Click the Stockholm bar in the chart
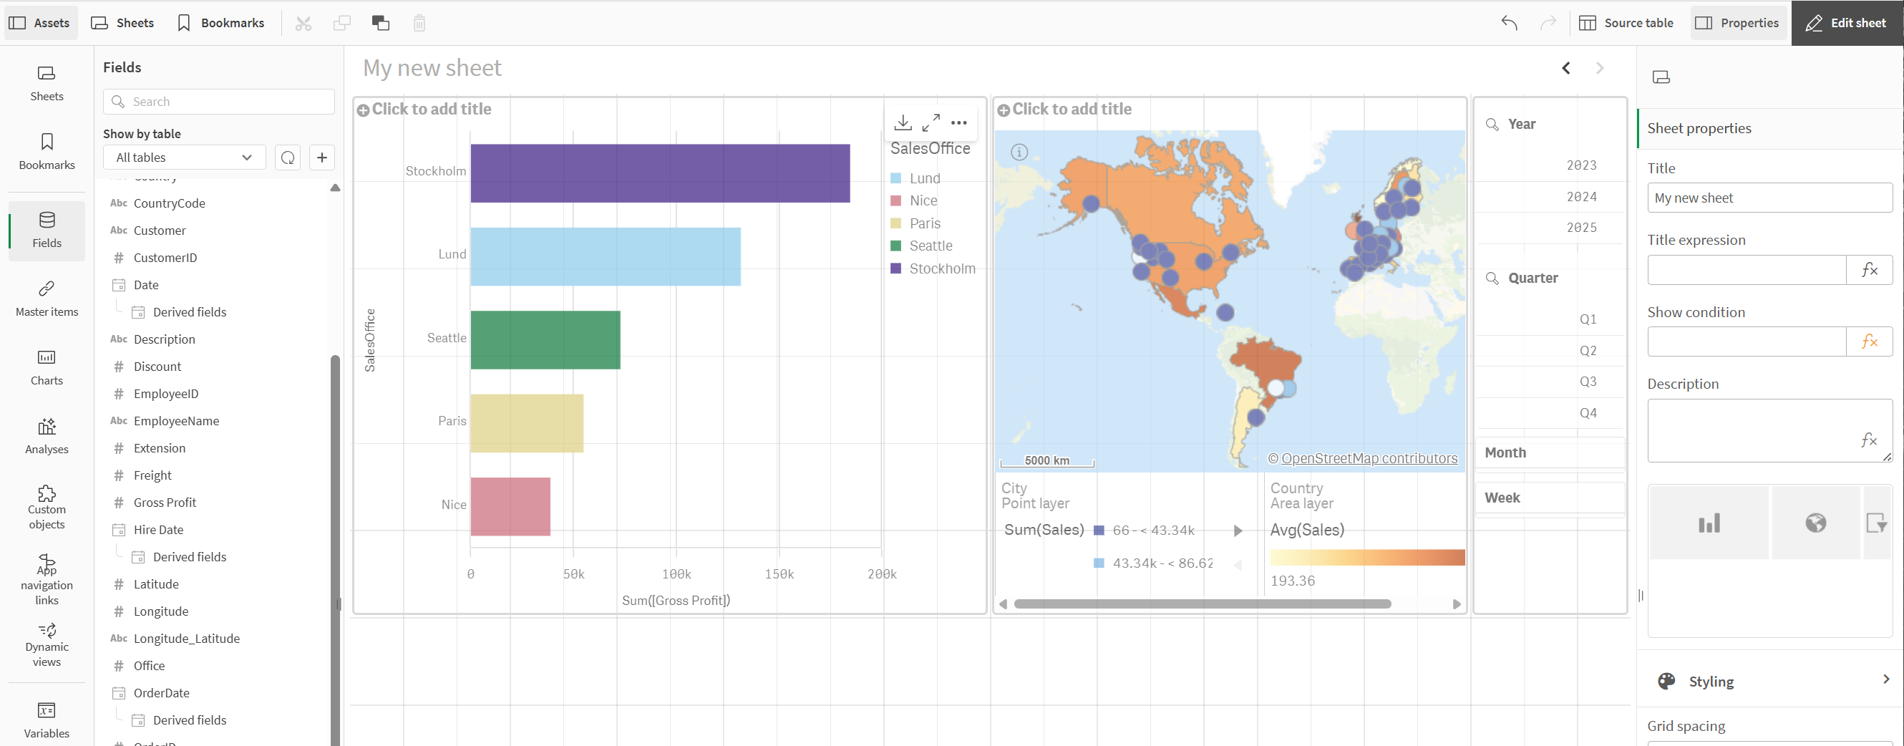click(x=659, y=173)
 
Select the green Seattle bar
click(x=545, y=339)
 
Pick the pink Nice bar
click(x=510, y=506)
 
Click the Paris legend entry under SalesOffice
click(x=924, y=223)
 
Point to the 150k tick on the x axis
click(x=778, y=573)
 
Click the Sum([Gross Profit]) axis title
click(x=676, y=601)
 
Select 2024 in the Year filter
click(x=1581, y=197)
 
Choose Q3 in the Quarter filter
click(x=1587, y=382)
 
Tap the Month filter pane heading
click(x=1505, y=452)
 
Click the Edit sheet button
click(x=1846, y=23)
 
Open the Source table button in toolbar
click(x=1626, y=23)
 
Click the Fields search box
click(x=219, y=101)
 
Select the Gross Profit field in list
click(x=165, y=503)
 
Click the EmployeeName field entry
click(x=176, y=421)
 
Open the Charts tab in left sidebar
click(x=47, y=367)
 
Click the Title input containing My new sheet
click(x=1769, y=198)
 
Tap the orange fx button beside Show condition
click(x=1868, y=341)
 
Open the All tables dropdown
click(x=184, y=158)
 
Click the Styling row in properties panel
click(x=1770, y=681)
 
